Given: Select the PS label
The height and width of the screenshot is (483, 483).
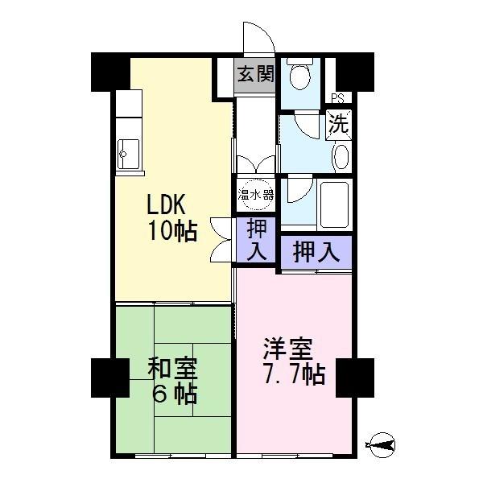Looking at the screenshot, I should [x=340, y=98].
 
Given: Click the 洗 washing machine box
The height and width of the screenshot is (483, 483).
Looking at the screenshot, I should [x=339, y=126].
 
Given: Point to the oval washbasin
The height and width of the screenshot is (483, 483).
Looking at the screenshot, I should [x=341, y=155].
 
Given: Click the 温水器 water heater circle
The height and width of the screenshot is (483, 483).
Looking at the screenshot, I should [x=255, y=195].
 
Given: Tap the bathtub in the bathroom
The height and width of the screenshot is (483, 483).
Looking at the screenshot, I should [x=332, y=203].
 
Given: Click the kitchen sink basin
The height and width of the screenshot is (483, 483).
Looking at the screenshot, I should [x=129, y=151].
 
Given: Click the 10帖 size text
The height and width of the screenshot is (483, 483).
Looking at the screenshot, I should [x=171, y=232].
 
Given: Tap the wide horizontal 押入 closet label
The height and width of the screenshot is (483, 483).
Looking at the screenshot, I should [x=316, y=252].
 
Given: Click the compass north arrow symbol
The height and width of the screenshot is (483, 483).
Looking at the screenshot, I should [x=382, y=442].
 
